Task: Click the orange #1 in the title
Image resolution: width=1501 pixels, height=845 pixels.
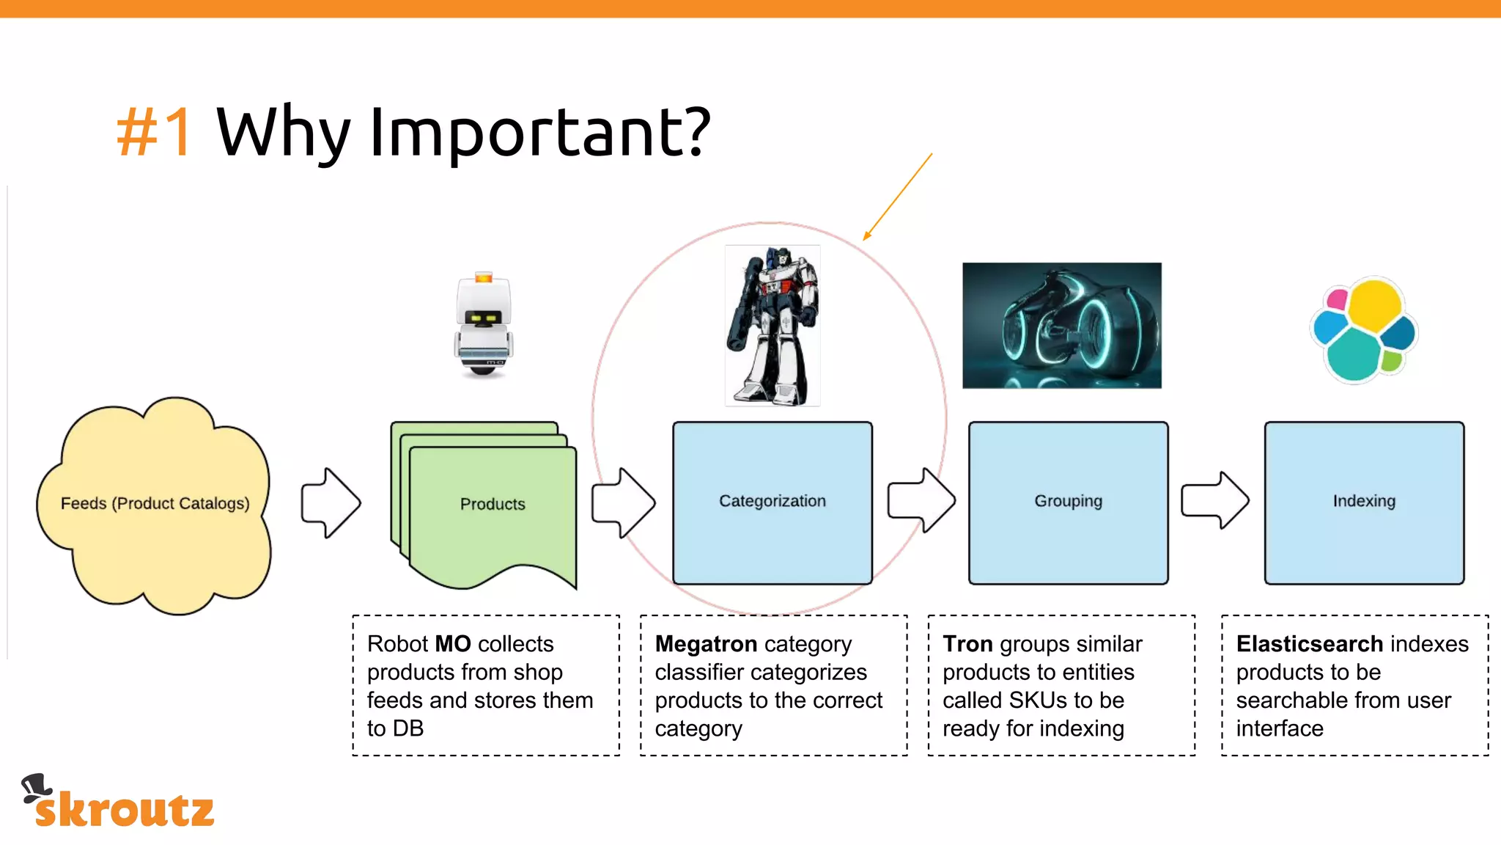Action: [x=155, y=132]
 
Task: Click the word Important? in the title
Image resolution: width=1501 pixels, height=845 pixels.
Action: [x=539, y=133]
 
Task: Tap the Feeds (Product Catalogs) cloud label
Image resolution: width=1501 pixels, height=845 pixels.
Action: [x=155, y=503]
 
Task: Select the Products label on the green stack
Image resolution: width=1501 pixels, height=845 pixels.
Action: [x=493, y=504]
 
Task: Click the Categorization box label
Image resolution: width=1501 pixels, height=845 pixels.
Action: [x=772, y=501]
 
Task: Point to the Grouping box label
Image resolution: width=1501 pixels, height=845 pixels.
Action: [x=1068, y=501]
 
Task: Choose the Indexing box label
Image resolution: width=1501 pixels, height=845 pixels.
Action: [x=1364, y=501]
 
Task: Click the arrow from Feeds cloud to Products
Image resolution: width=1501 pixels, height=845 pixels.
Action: [x=331, y=503]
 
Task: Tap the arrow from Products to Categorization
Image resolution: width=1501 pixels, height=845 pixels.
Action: [x=623, y=503]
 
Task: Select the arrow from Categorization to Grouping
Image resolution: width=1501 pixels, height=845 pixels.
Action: [x=921, y=501]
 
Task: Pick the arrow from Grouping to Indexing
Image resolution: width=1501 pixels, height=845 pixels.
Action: [x=1215, y=501]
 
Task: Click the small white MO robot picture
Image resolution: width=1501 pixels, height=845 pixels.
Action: [x=483, y=325]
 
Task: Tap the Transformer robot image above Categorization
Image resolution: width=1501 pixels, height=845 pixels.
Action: [x=772, y=326]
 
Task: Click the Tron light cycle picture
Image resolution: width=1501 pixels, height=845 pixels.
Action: [x=1061, y=326]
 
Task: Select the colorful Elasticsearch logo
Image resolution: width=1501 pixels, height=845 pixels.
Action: [x=1364, y=329]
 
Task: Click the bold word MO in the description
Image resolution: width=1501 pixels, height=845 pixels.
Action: [x=453, y=644]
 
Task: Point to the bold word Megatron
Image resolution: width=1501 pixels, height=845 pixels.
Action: [x=706, y=644]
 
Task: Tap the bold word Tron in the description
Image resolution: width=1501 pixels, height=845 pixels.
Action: [x=967, y=644]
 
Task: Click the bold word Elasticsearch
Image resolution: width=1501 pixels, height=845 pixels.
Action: [x=1309, y=644]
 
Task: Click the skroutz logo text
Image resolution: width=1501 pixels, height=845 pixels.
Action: [x=125, y=810]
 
